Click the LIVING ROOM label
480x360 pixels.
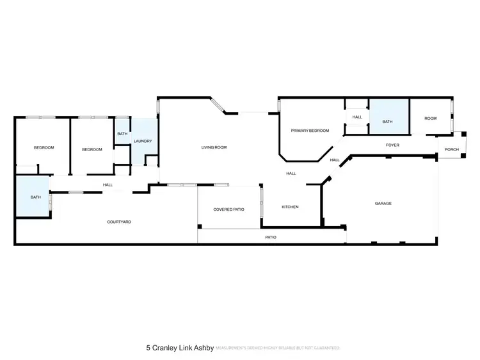(214, 147)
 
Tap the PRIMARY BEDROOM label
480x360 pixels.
(310, 131)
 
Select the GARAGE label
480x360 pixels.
(383, 203)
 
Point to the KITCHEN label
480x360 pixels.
(290, 207)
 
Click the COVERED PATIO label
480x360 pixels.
(229, 209)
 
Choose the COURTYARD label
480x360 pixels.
(119, 222)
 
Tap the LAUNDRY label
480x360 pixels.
(142, 141)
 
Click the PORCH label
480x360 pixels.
(452, 150)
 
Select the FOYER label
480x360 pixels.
(392, 145)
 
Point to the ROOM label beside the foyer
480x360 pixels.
(430, 119)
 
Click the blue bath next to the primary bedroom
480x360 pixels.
(387, 122)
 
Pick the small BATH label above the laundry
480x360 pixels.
(122, 134)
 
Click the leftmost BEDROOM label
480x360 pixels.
(44, 148)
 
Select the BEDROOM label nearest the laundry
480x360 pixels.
(92, 149)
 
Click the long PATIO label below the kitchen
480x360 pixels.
(271, 238)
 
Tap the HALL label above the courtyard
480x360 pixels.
(108, 185)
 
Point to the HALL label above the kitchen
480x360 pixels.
(291, 173)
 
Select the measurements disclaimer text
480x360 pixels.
(278, 348)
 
